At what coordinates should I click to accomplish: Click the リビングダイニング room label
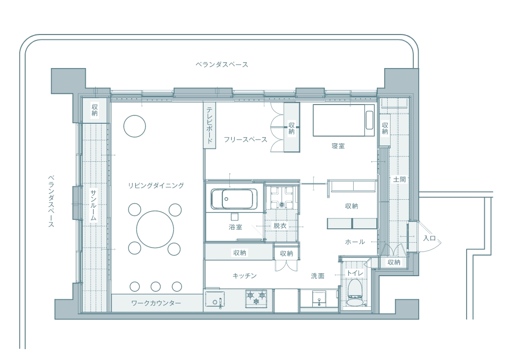click(156, 186)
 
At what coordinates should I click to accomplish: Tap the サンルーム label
click(94, 205)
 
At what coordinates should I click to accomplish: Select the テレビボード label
click(210, 125)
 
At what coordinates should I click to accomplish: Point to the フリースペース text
click(246, 140)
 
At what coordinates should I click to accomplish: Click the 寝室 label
click(338, 146)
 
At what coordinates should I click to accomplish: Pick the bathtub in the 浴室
click(234, 199)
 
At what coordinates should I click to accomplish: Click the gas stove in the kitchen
click(256, 299)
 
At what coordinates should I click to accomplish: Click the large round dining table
click(155, 229)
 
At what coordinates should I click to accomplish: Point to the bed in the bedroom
click(344, 120)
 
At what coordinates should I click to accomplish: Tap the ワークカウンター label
click(156, 303)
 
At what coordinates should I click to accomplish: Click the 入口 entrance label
click(429, 238)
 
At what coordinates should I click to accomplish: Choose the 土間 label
click(400, 179)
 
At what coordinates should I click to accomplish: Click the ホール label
click(355, 242)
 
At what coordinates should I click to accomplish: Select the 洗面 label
click(318, 276)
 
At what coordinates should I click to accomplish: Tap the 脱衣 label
click(280, 225)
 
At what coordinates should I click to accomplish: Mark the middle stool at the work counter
click(155, 287)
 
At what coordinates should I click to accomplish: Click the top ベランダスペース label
click(222, 65)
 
